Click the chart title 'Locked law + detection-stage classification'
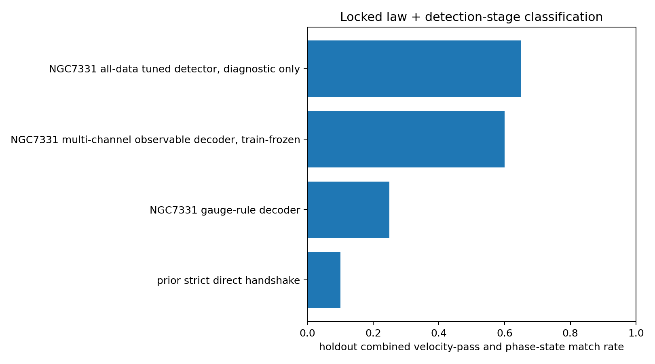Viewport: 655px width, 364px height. pyautogui.click(x=471, y=17)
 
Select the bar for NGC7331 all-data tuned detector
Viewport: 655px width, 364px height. pyautogui.click(x=414, y=69)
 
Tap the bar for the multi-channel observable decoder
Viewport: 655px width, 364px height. pyautogui.click(x=406, y=139)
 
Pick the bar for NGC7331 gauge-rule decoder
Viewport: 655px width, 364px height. pyautogui.click(x=348, y=210)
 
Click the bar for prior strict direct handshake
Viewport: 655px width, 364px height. pyautogui.click(x=324, y=280)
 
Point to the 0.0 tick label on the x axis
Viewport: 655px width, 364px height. pyautogui.click(x=307, y=333)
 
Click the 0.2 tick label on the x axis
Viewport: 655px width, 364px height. pyautogui.click(x=373, y=333)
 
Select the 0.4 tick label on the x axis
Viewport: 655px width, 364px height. pyautogui.click(x=439, y=333)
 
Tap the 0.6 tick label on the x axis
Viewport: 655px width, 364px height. pyautogui.click(x=505, y=333)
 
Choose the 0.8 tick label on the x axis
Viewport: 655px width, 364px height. pyautogui.click(x=570, y=333)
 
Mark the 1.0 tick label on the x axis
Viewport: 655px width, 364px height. pyautogui.click(x=636, y=333)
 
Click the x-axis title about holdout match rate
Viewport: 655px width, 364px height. pyautogui.click(x=471, y=347)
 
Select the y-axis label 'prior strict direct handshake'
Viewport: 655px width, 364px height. pyautogui.click(x=228, y=280)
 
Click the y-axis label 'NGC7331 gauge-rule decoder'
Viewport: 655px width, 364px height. pyautogui.click(x=225, y=210)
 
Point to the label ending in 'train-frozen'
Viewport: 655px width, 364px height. pyautogui.click(x=155, y=140)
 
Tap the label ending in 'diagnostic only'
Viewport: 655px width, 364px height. pyautogui.click(x=174, y=69)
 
